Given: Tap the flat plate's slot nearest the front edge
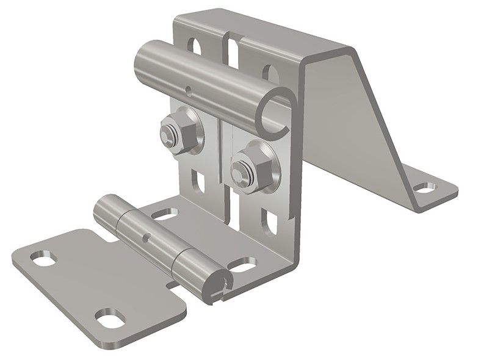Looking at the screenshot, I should pyautogui.click(x=108, y=318).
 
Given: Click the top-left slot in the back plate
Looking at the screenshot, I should pyautogui.click(x=195, y=46).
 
